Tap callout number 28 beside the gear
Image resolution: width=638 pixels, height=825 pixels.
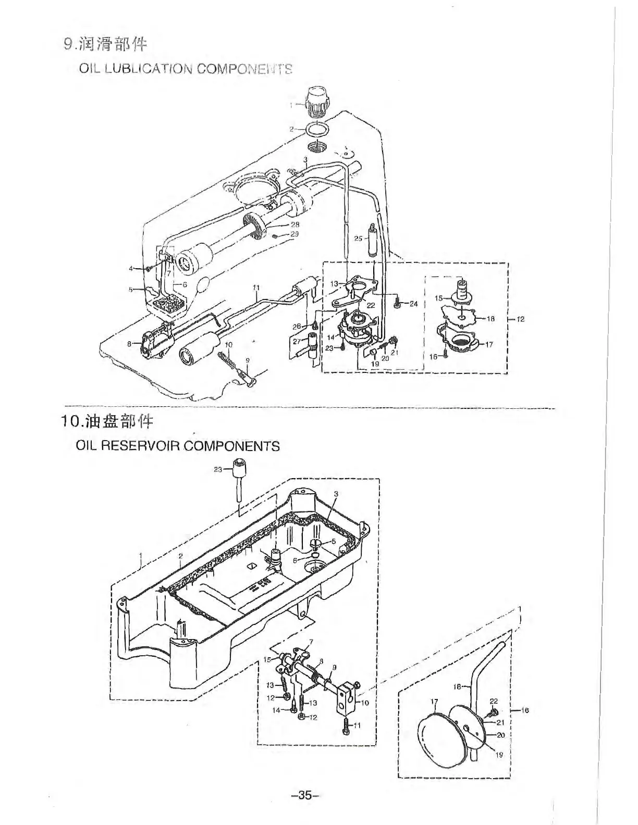tap(295, 224)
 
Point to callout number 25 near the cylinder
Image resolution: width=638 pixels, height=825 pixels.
tap(358, 239)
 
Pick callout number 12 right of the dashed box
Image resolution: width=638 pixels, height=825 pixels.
tap(520, 319)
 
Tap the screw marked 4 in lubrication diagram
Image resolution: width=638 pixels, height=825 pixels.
tap(149, 269)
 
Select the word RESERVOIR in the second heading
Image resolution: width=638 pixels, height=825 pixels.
tap(140, 446)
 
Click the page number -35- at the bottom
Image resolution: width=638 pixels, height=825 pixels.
tap(305, 795)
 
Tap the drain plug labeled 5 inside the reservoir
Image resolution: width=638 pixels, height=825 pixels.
tap(317, 544)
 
